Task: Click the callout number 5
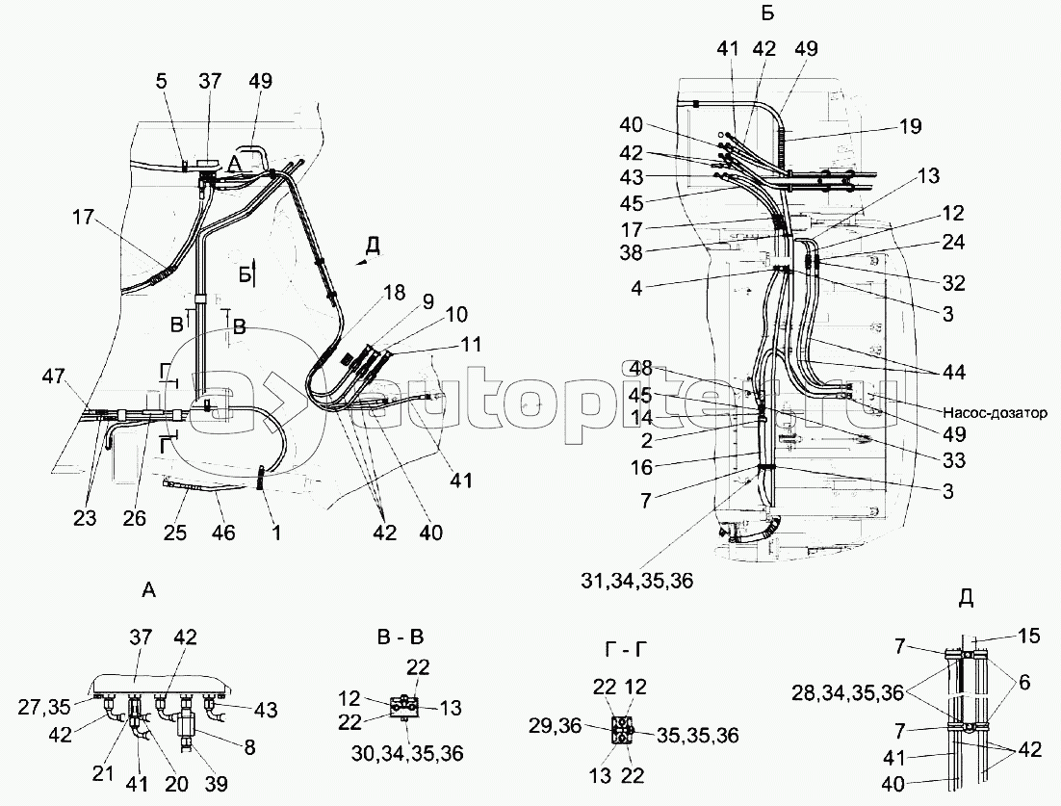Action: (x=161, y=82)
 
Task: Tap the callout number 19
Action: (x=911, y=126)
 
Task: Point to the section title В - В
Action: (x=399, y=637)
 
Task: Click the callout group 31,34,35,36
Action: (x=636, y=581)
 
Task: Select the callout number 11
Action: (x=469, y=344)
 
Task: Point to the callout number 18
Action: (x=394, y=293)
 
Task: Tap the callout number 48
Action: (x=641, y=369)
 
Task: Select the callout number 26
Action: (x=135, y=518)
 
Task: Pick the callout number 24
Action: (x=953, y=242)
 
